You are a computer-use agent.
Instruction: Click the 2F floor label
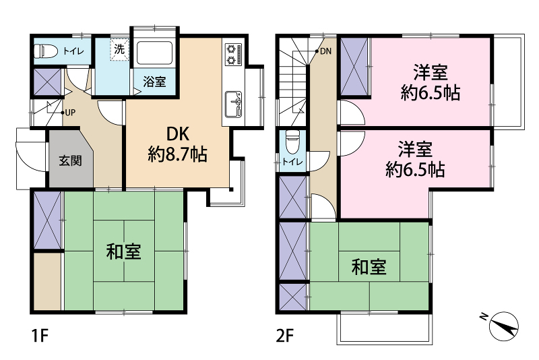285,336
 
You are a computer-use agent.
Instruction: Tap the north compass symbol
502,325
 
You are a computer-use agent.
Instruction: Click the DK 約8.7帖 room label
178,144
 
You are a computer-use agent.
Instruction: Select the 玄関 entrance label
70,160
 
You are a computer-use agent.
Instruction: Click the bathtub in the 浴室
154,53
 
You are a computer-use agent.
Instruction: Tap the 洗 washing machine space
119,49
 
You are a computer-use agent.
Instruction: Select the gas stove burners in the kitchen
233,55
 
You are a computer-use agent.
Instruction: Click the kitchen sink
233,104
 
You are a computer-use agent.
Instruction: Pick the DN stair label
325,52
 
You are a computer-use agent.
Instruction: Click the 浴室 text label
154,82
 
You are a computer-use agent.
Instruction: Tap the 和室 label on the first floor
124,251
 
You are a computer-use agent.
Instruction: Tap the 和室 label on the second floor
369,267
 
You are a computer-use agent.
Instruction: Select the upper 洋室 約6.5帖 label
431,82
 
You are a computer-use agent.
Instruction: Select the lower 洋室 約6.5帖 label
415,159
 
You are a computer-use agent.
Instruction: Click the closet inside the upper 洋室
354,67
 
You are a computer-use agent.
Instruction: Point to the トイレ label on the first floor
73,52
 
